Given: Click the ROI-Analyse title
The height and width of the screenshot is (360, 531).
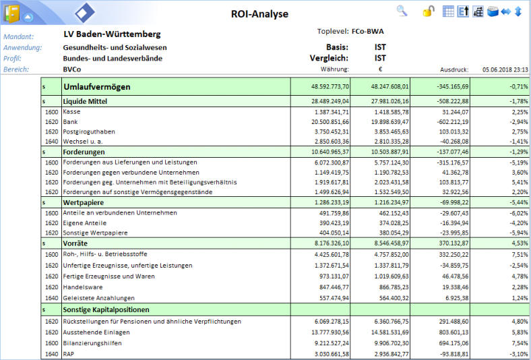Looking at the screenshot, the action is point(259,14).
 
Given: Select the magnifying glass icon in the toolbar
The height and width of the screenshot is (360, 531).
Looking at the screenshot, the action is point(402,11).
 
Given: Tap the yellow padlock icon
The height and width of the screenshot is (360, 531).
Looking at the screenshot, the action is point(429,11).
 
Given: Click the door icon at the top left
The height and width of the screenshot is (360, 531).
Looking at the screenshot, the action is point(11,13).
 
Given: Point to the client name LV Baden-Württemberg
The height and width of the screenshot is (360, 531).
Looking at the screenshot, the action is point(112,34).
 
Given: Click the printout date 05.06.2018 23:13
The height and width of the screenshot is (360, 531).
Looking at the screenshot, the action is point(505,69).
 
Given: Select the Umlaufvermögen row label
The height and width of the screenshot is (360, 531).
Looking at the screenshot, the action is point(97,87).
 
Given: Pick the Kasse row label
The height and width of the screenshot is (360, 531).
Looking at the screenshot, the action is point(72,112).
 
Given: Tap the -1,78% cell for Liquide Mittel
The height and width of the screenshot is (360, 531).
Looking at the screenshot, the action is point(519,101).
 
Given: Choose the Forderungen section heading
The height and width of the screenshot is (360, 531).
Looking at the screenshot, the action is point(84,152).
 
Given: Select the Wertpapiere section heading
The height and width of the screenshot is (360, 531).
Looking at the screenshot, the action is point(84,202).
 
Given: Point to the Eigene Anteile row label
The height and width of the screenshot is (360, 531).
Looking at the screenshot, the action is point(85,223).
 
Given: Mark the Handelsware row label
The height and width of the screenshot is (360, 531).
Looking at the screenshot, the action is point(83,287).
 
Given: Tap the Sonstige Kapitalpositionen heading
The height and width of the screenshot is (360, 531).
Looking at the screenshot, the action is point(106,309).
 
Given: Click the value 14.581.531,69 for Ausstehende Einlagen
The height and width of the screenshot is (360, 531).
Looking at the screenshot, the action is point(389,332).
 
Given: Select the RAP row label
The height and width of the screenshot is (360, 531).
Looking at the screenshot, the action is point(69,354).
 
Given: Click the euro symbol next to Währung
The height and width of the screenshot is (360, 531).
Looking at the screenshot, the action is point(380,69).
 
